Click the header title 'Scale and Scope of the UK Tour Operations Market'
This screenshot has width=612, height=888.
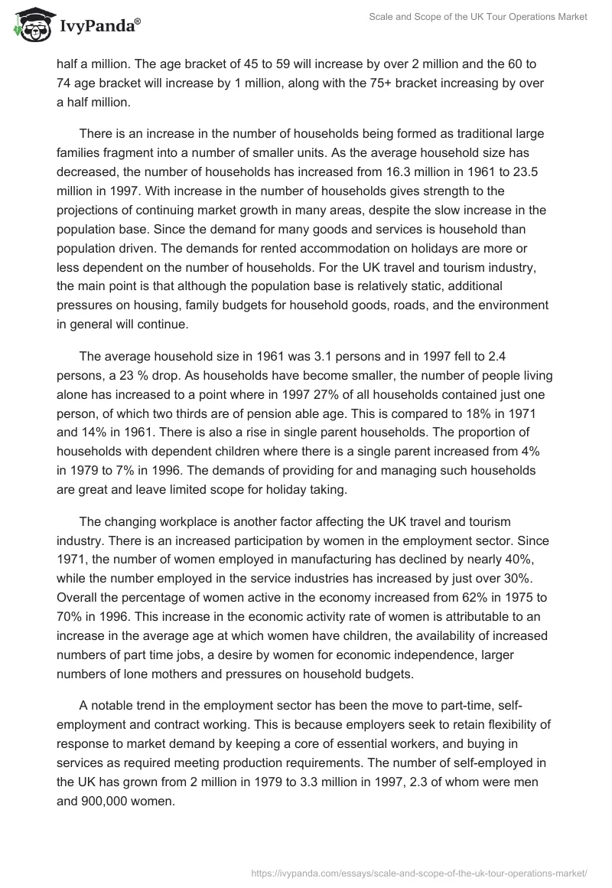(467, 17)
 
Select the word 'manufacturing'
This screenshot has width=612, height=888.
(327, 560)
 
